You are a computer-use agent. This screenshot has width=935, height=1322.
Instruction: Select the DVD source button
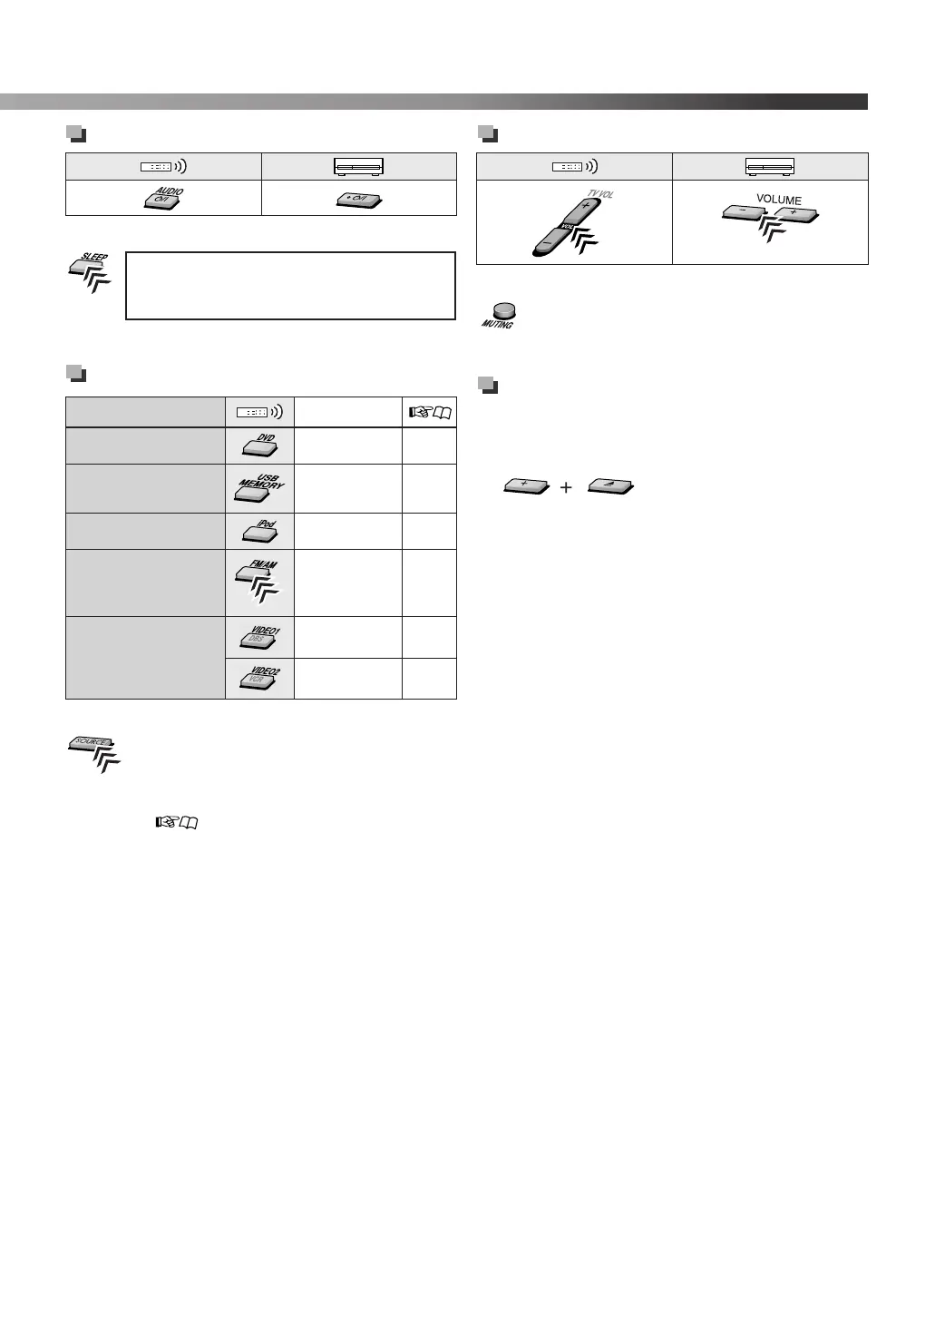pyautogui.click(x=258, y=445)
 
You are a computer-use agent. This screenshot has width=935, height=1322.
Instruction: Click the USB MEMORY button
pyautogui.click(x=258, y=488)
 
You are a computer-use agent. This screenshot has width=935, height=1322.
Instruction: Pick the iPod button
pyautogui.click(x=258, y=532)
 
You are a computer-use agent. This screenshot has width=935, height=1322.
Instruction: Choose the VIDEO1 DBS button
pyautogui.click(x=259, y=638)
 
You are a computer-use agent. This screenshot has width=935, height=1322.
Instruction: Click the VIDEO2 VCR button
pyautogui.click(x=259, y=679)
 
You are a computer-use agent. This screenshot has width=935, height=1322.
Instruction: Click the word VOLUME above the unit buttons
pyautogui.click(x=778, y=200)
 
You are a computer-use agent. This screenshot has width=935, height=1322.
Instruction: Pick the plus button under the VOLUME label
pyautogui.click(x=795, y=215)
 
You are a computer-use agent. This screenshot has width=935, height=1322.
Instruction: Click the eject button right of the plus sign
pyautogui.click(x=610, y=487)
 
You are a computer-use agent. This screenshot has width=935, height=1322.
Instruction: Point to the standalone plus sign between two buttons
pyautogui.click(x=566, y=487)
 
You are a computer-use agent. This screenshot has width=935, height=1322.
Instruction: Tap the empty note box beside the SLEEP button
pyautogui.click(x=290, y=286)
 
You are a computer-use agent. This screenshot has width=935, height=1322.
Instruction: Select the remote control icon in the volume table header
pyautogui.click(x=574, y=167)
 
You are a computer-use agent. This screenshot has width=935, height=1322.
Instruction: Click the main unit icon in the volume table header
pyautogui.click(x=770, y=167)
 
